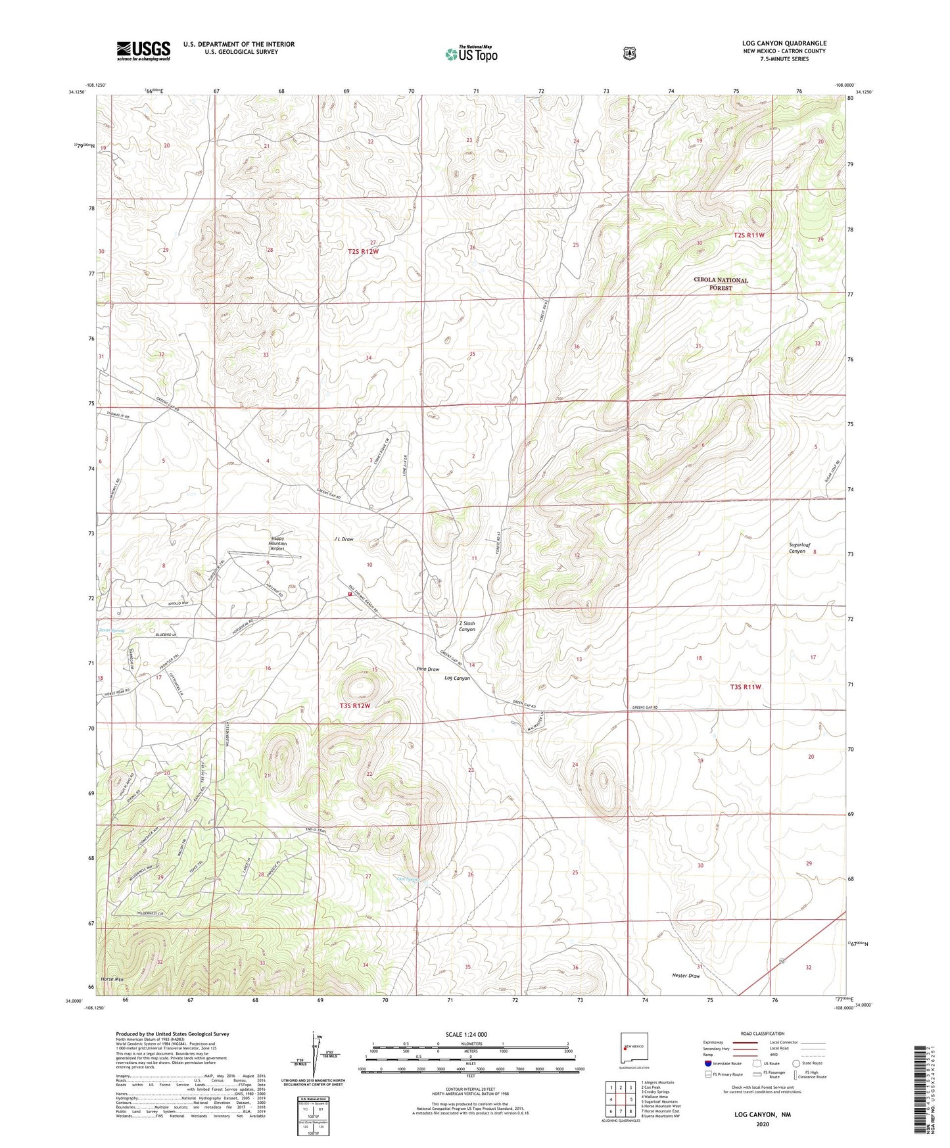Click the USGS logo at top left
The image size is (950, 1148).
tap(143, 51)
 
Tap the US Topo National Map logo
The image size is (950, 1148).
tap(471, 54)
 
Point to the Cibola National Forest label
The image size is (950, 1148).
tap(721, 283)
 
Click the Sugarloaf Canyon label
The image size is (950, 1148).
tap(797, 548)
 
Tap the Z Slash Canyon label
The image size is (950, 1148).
tap(467, 626)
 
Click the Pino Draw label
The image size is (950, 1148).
tap(427, 669)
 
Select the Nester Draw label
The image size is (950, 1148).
tap(686, 976)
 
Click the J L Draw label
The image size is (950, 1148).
tap(343, 539)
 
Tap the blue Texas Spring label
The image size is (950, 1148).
tap(111, 630)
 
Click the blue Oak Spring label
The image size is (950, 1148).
tap(408, 878)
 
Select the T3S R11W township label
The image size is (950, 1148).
tap(746, 686)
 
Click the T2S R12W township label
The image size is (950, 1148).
tap(363, 251)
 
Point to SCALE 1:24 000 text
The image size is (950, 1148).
tap(466, 1034)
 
